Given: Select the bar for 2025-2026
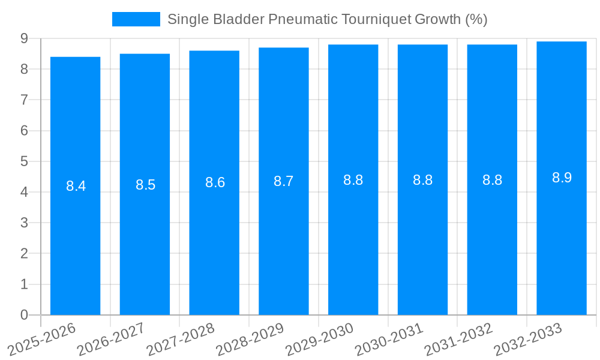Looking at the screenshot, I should click(x=75, y=186).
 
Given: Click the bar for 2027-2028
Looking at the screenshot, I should click(x=214, y=183).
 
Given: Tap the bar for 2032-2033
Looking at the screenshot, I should click(x=562, y=178).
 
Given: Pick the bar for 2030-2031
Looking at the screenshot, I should click(x=422, y=180).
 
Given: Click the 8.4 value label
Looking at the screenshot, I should click(x=76, y=186).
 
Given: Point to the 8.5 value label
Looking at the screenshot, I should click(x=145, y=185).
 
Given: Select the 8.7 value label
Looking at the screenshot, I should click(x=284, y=181).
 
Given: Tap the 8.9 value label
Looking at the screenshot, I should click(x=562, y=178).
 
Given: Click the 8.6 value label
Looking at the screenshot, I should click(x=215, y=182).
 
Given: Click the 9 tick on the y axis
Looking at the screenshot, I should click(x=24, y=38).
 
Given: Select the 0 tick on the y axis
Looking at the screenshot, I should click(x=24, y=315).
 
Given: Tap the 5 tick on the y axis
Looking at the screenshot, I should click(x=24, y=161).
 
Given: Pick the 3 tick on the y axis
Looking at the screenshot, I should click(x=24, y=223).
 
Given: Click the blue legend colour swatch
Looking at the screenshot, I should click(x=136, y=19).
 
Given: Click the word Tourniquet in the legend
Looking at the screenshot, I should click(x=376, y=19).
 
